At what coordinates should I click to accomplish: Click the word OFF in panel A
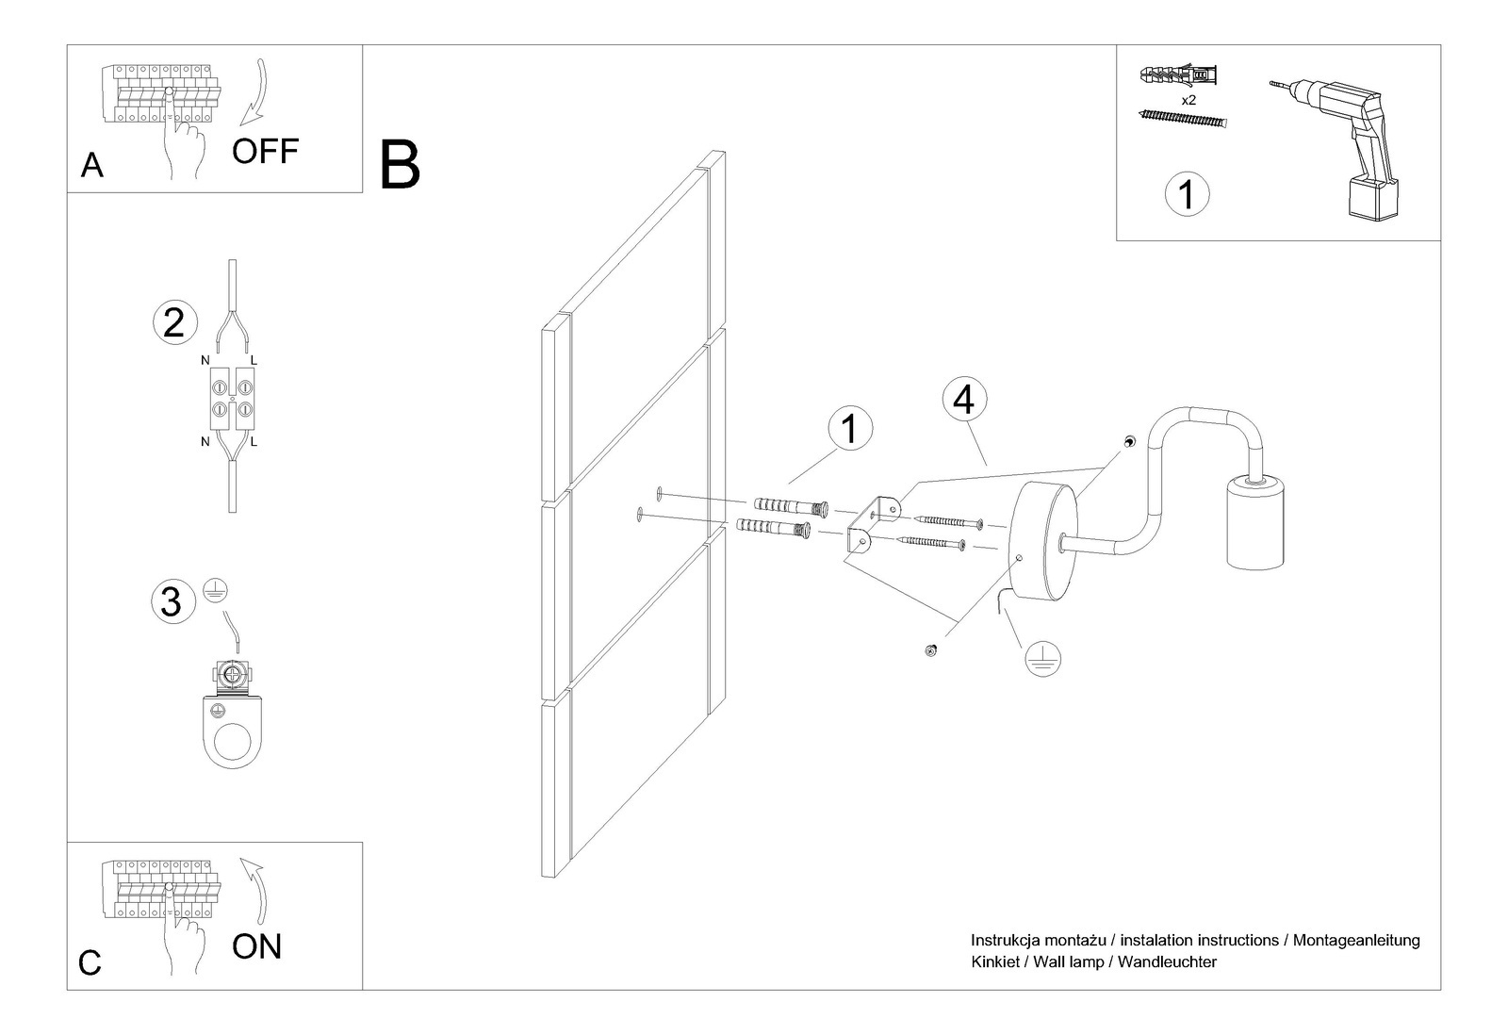tap(265, 151)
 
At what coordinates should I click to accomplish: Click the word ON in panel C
tap(256, 946)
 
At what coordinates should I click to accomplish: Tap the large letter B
tap(400, 166)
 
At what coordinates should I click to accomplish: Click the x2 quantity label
tap(1188, 98)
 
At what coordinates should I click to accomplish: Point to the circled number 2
tap(174, 322)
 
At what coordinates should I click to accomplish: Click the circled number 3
tap(172, 601)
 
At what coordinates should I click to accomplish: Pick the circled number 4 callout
tap(963, 400)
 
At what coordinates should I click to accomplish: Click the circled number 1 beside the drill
tap(1187, 194)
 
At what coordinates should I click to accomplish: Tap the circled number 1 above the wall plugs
tap(849, 429)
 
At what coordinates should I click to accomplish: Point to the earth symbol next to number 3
tap(215, 591)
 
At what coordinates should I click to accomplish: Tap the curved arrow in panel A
tap(254, 94)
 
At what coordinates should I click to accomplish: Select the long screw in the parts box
tap(1185, 119)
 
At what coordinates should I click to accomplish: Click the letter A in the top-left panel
tap(91, 166)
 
